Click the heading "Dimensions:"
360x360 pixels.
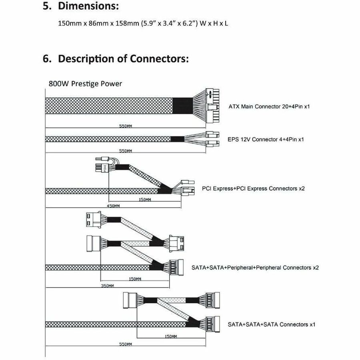(88, 6)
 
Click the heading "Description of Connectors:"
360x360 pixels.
(123, 58)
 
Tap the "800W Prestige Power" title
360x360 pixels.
(85, 84)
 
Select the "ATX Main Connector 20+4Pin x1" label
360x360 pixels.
(269, 106)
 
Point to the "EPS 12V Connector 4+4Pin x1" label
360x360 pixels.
(266, 139)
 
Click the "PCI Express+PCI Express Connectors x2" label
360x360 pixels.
(253, 188)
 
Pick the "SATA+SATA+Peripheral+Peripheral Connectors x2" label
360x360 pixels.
(255, 268)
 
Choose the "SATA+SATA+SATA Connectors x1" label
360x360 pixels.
(271, 324)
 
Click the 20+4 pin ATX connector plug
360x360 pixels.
(212, 106)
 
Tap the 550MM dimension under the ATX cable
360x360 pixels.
(125, 126)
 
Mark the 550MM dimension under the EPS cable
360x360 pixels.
(125, 151)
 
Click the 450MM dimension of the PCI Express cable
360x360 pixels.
(113, 206)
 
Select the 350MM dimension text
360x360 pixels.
(108, 286)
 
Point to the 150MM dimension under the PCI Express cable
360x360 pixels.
(145, 200)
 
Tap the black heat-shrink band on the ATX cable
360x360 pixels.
(182, 106)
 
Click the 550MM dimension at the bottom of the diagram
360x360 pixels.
(125, 344)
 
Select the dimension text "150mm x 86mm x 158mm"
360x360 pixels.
(98, 24)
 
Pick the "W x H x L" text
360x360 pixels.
(214, 24)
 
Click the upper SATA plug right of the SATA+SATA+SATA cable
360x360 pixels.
(213, 300)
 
